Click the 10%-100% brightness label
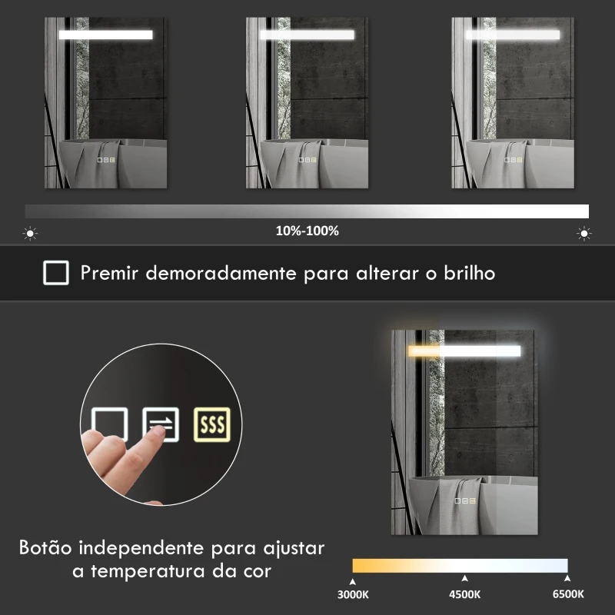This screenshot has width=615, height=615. (x=307, y=231)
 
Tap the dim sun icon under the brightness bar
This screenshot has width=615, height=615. (x=31, y=232)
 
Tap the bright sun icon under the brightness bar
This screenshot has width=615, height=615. (x=584, y=232)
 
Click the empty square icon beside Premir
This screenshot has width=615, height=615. (x=56, y=272)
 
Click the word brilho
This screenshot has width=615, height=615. (x=468, y=272)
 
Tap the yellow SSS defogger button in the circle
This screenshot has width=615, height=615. (x=211, y=424)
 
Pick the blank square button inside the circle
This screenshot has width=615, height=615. (x=109, y=424)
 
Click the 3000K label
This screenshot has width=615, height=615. (x=353, y=594)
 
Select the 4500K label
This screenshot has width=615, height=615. (x=464, y=594)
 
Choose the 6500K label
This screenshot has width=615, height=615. (x=567, y=594)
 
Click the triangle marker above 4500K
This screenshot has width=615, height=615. (x=464, y=578)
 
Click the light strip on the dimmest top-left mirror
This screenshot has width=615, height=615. (x=105, y=35)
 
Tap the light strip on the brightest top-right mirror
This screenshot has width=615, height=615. (x=512, y=35)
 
